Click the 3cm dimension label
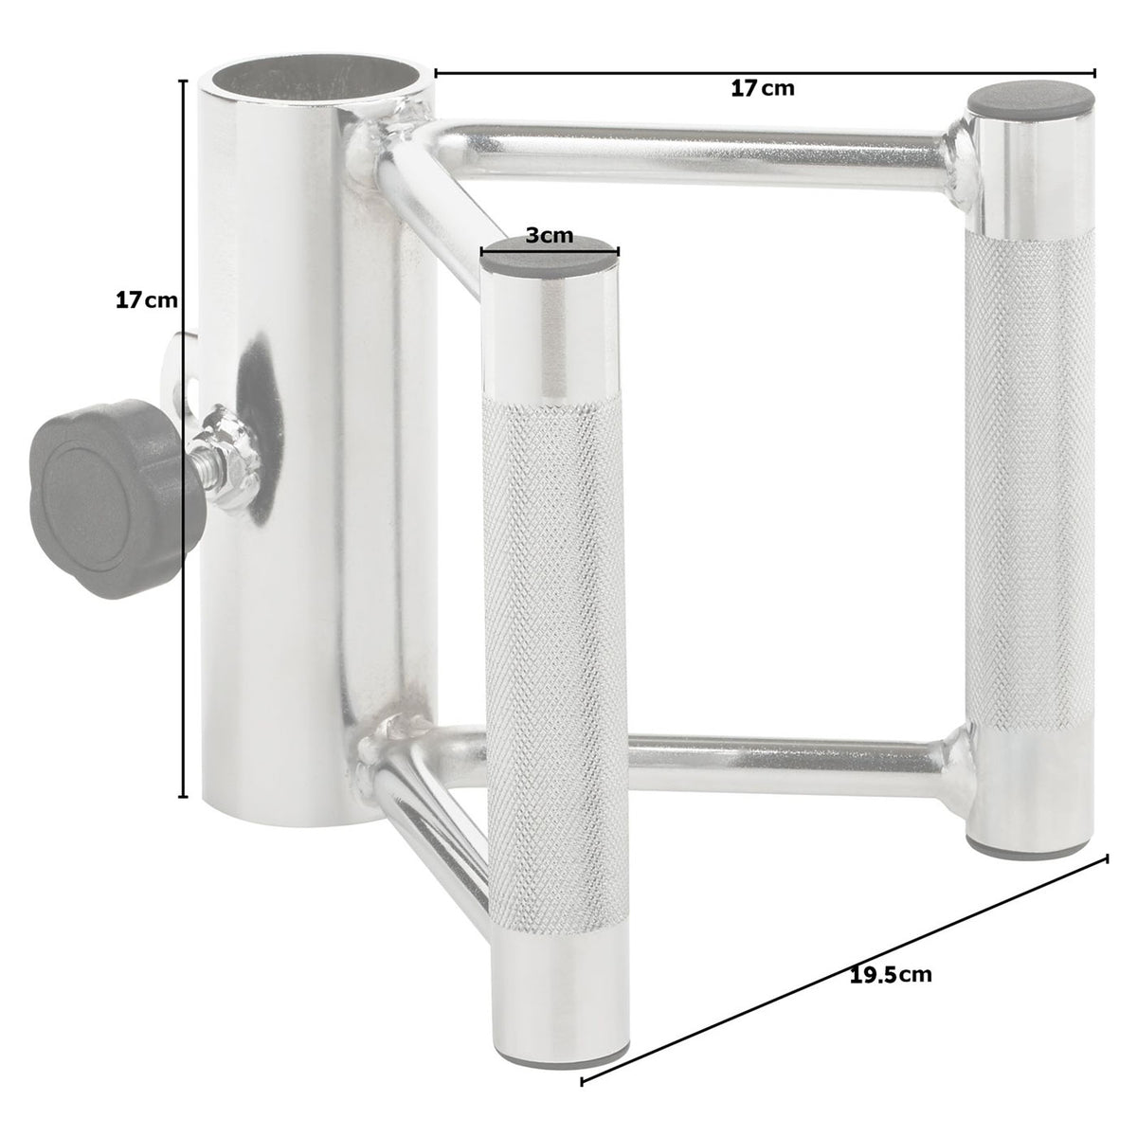550,235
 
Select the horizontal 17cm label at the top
762,88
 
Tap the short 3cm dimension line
550,251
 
